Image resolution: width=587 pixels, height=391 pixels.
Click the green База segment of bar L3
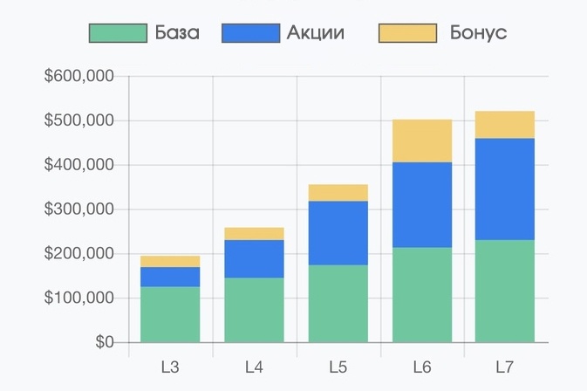pos(170,314)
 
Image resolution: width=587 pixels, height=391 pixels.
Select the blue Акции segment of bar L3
pos(170,277)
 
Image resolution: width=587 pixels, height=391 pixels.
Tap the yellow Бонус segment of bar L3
pos(170,261)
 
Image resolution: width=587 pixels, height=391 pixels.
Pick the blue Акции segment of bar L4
pos(254,259)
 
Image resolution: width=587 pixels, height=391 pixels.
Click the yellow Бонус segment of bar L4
pos(254,234)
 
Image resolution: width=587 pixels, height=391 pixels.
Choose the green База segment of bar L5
pos(338,304)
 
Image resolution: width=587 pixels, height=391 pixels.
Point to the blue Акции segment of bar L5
pos(338,233)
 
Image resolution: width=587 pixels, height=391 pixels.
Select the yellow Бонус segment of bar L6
pos(422,141)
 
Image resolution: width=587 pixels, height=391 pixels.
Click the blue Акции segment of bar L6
pos(422,205)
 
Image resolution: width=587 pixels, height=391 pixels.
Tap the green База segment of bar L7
pos(506,291)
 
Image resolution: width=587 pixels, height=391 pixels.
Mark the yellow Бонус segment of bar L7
pos(506,125)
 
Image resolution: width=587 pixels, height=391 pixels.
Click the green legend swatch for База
pos(119,33)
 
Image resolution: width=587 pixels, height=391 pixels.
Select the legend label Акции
pos(315,33)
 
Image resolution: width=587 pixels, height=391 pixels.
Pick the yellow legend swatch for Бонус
pos(406,33)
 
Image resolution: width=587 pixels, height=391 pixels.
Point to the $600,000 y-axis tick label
pos(79,77)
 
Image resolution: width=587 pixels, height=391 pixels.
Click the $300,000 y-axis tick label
pos(79,209)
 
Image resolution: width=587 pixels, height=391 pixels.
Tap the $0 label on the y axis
pos(105,342)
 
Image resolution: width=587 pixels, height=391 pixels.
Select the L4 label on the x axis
pos(254,367)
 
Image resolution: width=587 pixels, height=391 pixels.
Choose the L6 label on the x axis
pos(422,367)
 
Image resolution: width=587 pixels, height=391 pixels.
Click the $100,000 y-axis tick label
pos(79,298)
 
